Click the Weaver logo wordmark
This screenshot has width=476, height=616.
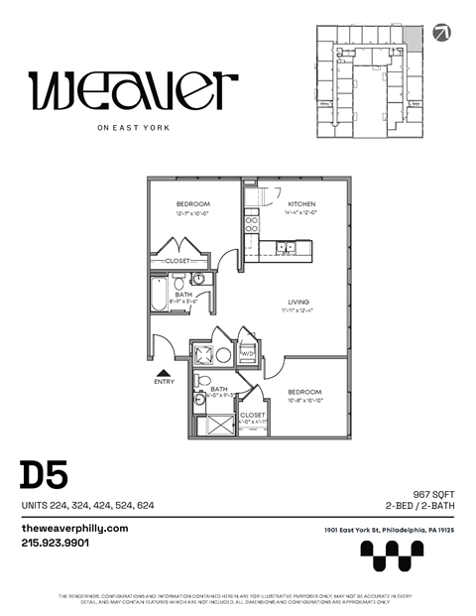pyautogui.click(x=133, y=90)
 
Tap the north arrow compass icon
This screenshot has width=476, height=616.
pyautogui.click(x=440, y=34)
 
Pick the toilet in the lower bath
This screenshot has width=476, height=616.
pyautogui.click(x=204, y=380)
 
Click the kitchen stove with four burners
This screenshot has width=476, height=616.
pyautogui.click(x=252, y=222)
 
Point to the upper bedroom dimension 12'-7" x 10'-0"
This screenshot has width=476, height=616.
pyautogui.click(x=193, y=213)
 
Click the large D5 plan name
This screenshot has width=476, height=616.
pyautogui.click(x=43, y=475)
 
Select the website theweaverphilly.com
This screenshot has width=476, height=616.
pyautogui.click(x=74, y=529)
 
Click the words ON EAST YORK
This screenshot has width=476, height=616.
pyautogui.click(x=133, y=127)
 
